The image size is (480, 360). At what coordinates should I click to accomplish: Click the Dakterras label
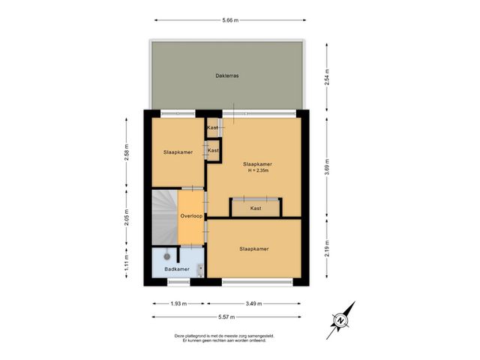[226, 75]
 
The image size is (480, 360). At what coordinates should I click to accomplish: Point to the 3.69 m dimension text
[326, 166]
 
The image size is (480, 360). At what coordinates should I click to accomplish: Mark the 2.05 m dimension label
[126, 217]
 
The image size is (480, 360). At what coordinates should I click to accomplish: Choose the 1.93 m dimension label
[177, 304]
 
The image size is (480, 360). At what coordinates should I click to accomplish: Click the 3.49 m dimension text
[255, 304]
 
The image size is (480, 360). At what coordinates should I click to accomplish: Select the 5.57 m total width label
[229, 317]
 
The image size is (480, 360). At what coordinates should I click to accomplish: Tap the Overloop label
[191, 217]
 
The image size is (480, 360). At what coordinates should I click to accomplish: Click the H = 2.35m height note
[257, 170]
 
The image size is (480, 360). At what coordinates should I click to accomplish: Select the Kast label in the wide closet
[256, 208]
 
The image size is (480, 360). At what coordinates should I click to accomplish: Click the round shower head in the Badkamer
[166, 256]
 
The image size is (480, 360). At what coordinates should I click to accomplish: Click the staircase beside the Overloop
[164, 217]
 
